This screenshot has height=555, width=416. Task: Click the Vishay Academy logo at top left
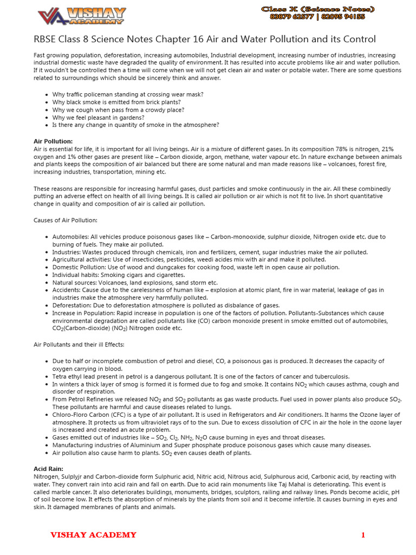tap(81, 16)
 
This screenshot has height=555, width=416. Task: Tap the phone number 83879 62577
tap(291, 17)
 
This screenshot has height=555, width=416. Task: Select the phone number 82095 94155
tap(343, 17)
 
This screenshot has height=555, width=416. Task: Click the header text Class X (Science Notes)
tap(317, 9)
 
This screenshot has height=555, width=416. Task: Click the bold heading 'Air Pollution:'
tap(53, 141)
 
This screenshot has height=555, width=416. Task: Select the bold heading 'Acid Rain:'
tap(48, 469)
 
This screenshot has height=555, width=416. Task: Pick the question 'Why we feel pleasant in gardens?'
tap(98, 117)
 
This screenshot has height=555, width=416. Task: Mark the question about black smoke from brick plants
tap(116, 102)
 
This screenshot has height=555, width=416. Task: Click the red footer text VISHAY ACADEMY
tap(93, 535)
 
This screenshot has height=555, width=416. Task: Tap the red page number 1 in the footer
tap(363, 535)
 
